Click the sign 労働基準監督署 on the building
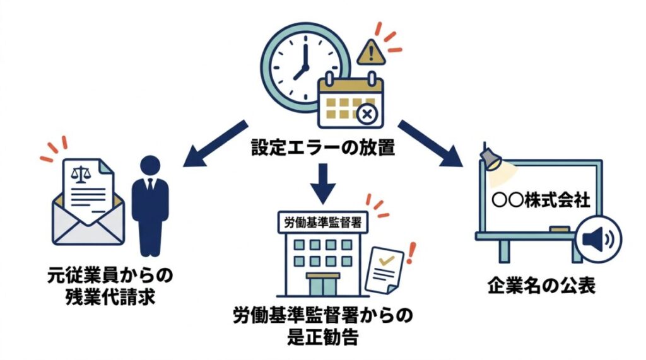323,220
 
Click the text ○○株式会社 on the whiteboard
540,200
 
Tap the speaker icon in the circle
599,239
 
